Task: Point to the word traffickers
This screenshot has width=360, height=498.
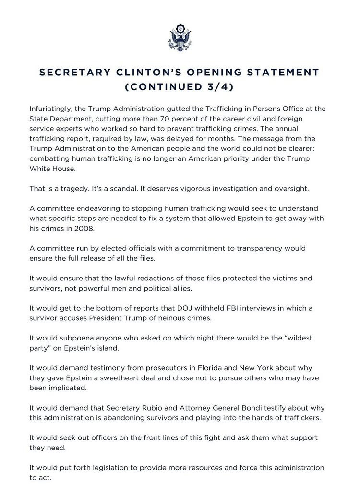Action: (x=298, y=417)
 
